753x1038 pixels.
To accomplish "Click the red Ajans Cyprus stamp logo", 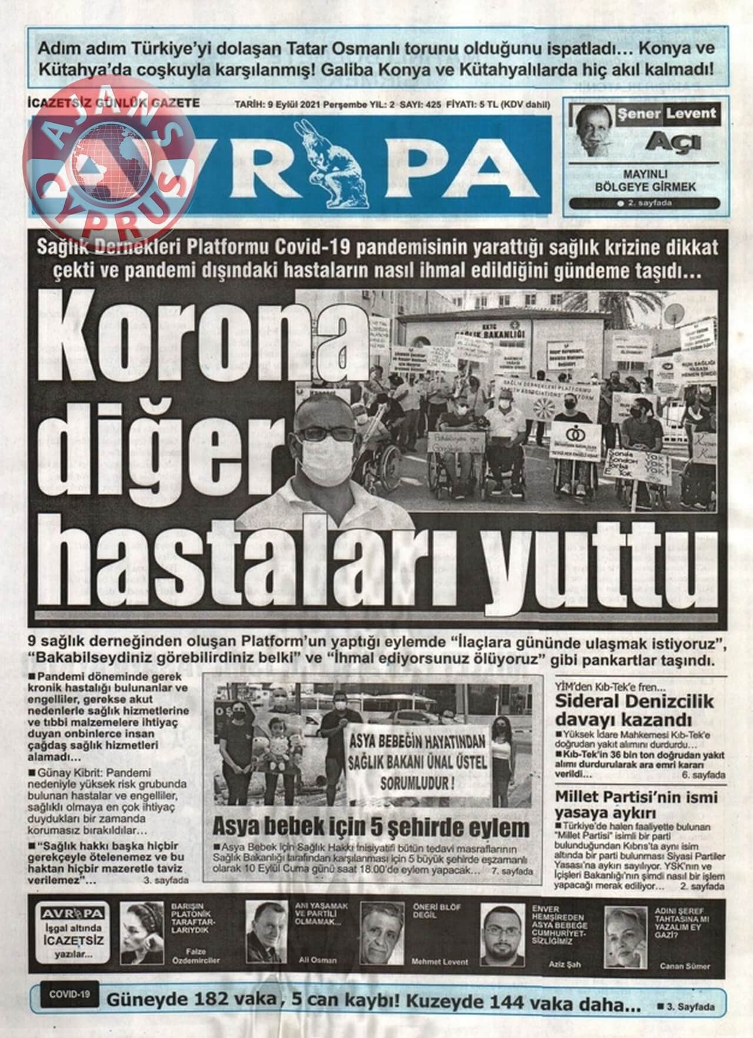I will (x=109, y=159).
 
